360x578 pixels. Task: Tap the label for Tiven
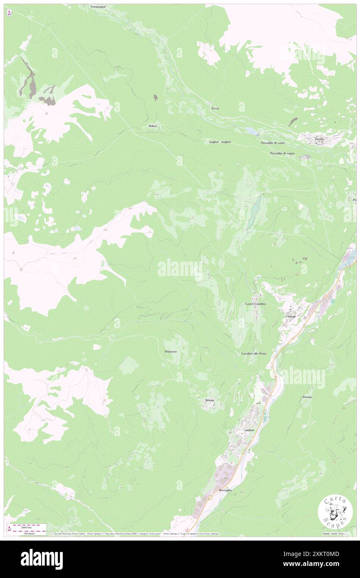215,108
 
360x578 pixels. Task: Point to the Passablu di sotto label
273,143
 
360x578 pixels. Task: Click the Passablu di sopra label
282,153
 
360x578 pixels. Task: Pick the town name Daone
319,139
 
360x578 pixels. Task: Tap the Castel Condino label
255,304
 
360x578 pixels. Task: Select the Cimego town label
290,316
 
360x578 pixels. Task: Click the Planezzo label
170,351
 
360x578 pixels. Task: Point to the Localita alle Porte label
254,353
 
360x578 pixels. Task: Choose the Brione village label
210,400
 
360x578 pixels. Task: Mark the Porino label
307,397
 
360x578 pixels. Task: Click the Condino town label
249,430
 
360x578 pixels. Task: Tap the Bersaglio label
226,491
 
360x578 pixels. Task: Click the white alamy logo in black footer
42,559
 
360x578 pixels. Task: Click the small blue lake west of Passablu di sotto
251,131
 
